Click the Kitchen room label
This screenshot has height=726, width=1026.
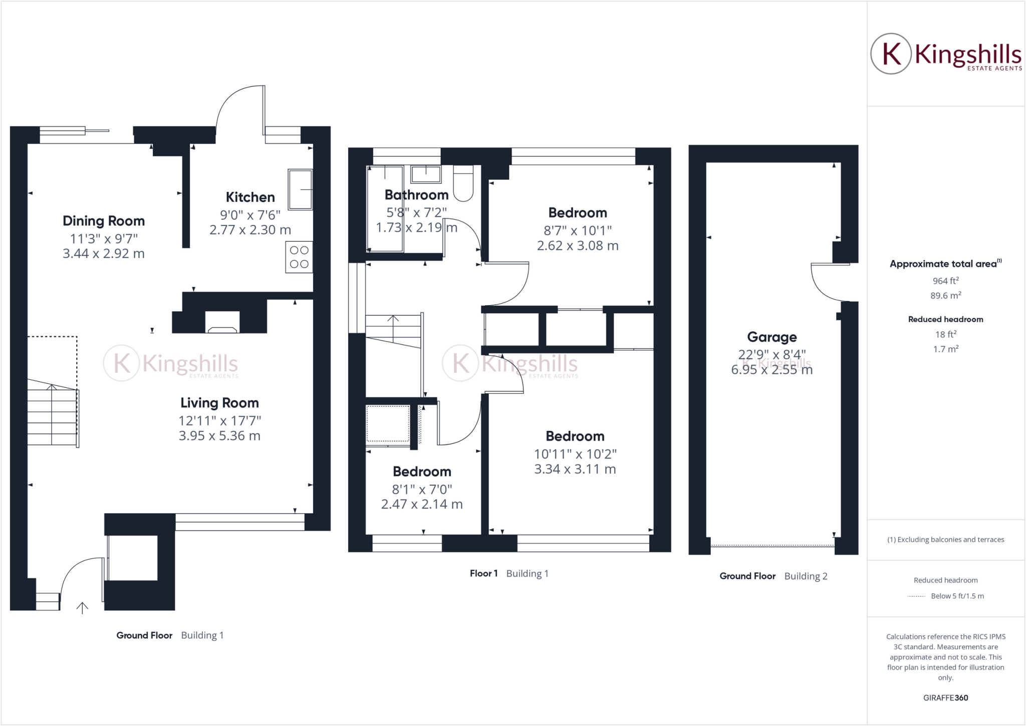coord(250,197)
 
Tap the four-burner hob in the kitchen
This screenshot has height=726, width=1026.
coord(299,257)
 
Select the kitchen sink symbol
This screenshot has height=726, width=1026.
coord(300,189)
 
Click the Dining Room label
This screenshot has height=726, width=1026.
coord(104,220)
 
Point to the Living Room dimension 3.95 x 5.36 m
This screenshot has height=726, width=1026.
coord(219,436)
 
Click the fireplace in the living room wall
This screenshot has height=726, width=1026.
coord(222,323)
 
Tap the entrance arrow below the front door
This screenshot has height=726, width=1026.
coord(82,608)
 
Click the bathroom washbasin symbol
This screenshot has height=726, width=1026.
coord(426,174)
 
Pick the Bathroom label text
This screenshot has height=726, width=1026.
coord(416,194)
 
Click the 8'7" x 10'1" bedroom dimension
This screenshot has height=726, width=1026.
coord(578,230)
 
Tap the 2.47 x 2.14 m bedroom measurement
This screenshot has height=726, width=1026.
coord(422,504)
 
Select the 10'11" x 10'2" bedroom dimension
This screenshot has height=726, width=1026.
coord(575,454)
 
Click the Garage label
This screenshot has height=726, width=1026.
coord(772,337)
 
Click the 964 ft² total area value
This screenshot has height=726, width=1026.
coord(945,281)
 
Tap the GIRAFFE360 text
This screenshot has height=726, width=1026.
coord(945,697)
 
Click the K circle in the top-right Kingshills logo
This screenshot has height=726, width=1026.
coord(891,54)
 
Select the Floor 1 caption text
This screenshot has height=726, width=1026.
coord(483,573)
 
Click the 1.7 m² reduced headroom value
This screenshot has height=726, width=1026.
coord(945,349)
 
